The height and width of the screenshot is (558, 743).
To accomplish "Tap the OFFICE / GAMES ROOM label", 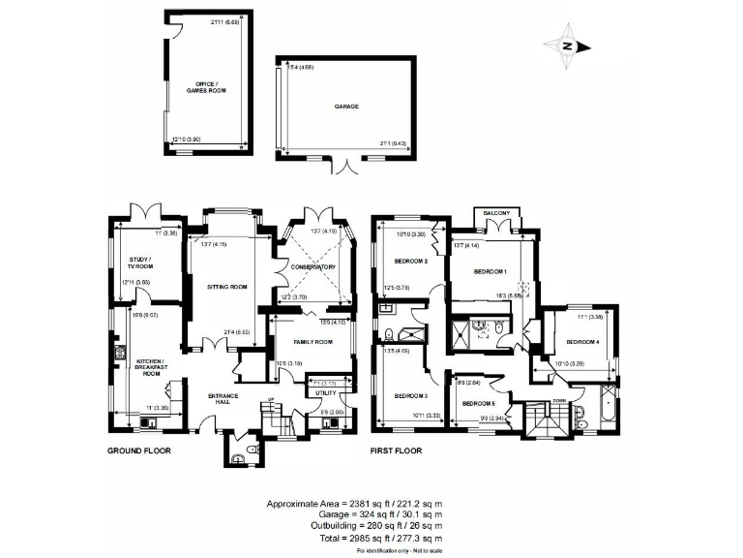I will (204, 86).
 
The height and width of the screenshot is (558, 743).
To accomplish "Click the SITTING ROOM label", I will (228, 287).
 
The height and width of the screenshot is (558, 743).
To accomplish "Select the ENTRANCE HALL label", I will (224, 398).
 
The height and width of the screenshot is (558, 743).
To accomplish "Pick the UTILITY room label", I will (326, 394).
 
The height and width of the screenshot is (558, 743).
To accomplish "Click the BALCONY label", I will (497, 213).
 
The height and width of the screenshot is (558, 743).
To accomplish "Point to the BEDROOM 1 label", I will (491, 272).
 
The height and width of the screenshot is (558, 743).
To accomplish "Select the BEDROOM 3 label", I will (411, 395).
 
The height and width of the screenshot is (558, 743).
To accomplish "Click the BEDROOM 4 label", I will (583, 341).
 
